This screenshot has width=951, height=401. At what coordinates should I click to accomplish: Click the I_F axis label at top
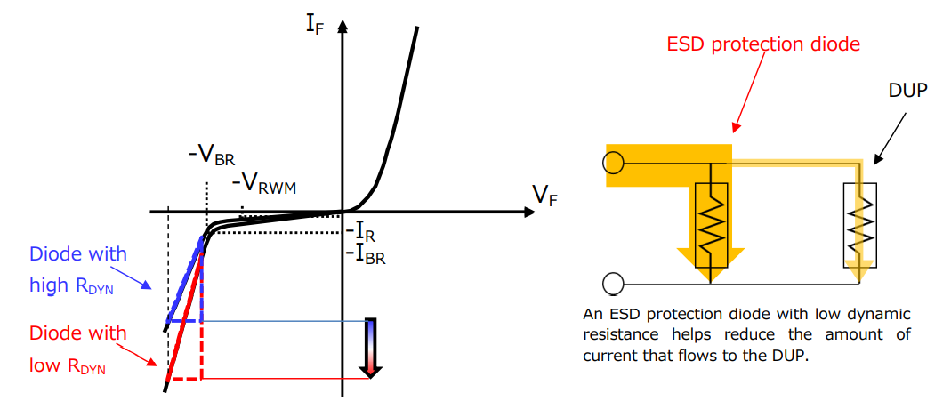(x=315, y=22)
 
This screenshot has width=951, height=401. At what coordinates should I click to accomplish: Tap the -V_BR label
(x=211, y=155)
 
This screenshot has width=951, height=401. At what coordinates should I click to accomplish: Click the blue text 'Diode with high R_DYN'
(x=78, y=269)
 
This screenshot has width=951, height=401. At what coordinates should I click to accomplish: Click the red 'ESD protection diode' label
(x=765, y=44)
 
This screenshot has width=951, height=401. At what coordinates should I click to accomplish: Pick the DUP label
(x=907, y=92)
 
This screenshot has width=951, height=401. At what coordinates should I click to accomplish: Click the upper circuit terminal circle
(x=612, y=163)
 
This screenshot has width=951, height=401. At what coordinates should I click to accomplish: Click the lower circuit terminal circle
(x=612, y=284)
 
